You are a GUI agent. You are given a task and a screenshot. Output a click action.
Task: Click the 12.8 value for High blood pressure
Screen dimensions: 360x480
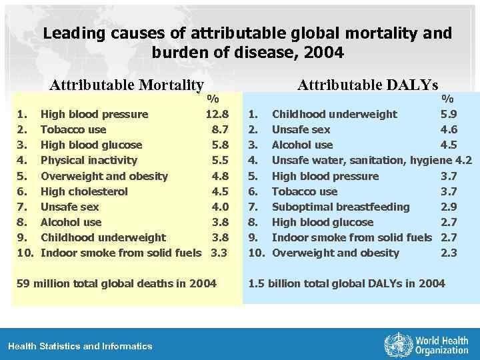[217, 114]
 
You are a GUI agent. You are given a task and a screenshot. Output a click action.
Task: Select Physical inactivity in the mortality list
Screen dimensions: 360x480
[89, 160]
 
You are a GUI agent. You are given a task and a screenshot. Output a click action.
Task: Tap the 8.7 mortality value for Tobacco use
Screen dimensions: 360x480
[220, 129]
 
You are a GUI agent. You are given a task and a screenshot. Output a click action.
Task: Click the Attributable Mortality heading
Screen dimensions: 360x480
[127, 85]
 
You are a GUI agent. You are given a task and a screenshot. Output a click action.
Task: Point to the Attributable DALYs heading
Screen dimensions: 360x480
[367, 85]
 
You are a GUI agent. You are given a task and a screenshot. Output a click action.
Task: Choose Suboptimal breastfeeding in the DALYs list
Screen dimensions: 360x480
[341, 207]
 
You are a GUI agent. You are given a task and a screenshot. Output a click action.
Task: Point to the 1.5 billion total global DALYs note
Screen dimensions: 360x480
[347, 283]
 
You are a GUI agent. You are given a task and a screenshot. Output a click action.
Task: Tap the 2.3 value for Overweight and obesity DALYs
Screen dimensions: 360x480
[449, 253]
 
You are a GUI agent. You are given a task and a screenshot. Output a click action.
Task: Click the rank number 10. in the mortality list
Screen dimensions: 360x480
[25, 253]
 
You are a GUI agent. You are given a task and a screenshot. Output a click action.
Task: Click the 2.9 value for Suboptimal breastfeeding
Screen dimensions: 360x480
[449, 207]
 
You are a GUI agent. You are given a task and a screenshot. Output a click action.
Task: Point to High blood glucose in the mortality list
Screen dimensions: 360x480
[91, 145]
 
